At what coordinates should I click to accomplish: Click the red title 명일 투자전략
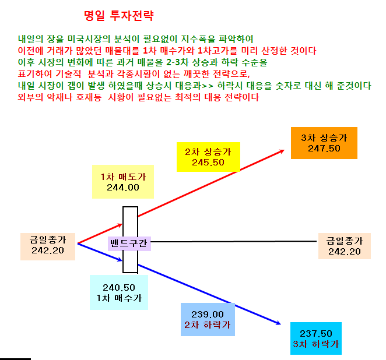(x=118, y=16)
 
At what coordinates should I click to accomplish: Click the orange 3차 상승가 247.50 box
(x=324, y=143)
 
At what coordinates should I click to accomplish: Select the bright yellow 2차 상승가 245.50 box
(x=208, y=157)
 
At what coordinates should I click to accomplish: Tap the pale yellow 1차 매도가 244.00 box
(x=123, y=182)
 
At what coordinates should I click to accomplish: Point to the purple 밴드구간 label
(x=129, y=243)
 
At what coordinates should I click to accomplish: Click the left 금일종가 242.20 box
(x=48, y=246)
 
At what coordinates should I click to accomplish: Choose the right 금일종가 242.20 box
(x=345, y=246)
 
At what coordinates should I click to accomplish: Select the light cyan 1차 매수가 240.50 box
(x=119, y=292)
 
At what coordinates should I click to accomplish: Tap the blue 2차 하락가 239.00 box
(x=208, y=319)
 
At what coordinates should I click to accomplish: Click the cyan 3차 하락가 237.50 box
(x=316, y=338)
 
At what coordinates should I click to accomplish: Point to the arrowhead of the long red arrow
(x=284, y=150)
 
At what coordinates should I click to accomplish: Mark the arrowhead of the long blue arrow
(x=280, y=324)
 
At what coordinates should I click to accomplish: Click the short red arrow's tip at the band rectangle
(x=122, y=224)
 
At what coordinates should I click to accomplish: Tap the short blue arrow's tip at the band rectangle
(x=122, y=260)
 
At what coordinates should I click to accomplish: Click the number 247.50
(x=324, y=149)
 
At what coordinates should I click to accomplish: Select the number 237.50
(x=316, y=334)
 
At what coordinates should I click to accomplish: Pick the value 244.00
(x=123, y=188)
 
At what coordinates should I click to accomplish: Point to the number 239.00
(x=208, y=315)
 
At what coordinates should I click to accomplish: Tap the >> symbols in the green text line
(x=207, y=86)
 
